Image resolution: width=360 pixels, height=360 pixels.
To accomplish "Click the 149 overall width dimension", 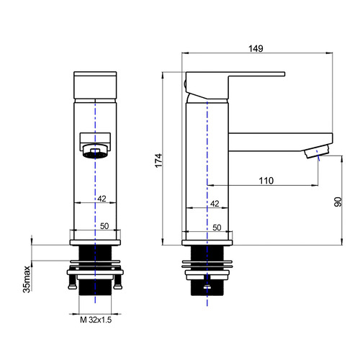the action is (256, 49).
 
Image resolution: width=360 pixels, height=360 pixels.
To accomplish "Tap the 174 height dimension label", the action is (158, 161).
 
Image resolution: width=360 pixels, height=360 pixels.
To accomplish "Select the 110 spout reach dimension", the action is (266, 181).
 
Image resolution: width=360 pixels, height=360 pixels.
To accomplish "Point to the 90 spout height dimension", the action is (338, 202).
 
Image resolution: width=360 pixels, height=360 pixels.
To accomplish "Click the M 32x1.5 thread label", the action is (96, 320).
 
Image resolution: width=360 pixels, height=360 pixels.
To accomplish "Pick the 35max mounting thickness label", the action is (27, 279).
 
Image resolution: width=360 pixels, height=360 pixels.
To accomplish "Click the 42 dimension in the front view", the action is (102, 199).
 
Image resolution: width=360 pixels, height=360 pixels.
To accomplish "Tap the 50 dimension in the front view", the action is (104, 226).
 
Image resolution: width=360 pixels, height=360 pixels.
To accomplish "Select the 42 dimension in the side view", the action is (215, 204).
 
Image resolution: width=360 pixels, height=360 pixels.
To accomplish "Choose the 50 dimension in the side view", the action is (217, 228).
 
